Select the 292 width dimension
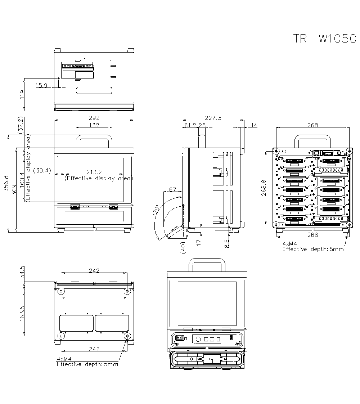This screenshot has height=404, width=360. pyautogui.click(x=94, y=118)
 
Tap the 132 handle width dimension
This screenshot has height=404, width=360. pyautogui.click(x=94, y=125)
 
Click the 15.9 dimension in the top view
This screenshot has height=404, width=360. pyautogui.click(x=41, y=85)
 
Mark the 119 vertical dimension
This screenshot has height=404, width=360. pyautogui.click(x=22, y=94)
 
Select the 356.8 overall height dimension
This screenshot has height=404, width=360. pyautogui.click(x=6, y=184)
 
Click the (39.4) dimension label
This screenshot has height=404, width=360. pyautogui.click(x=42, y=170)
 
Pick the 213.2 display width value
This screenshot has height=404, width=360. pyautogui.click(x=94, y=172)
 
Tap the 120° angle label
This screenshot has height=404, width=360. pyautogui.click(x=155, y=211)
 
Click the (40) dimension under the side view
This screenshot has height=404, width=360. pyautogui.click(x=183, y=248)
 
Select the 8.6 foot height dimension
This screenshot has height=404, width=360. pyautogui.click(x=226, y=244)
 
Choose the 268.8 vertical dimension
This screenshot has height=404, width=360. pyautogui.click(x=264, y=188)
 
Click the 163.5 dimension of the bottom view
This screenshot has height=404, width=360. pyautogui.click(x=22, y=314)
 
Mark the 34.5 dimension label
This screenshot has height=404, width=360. pyautogui.click(x=22, y=272)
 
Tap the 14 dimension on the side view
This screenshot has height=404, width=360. pyautogui.click(x=254, y=125)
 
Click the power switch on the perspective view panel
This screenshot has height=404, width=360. pyautogui.click(x=180, y=338)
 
